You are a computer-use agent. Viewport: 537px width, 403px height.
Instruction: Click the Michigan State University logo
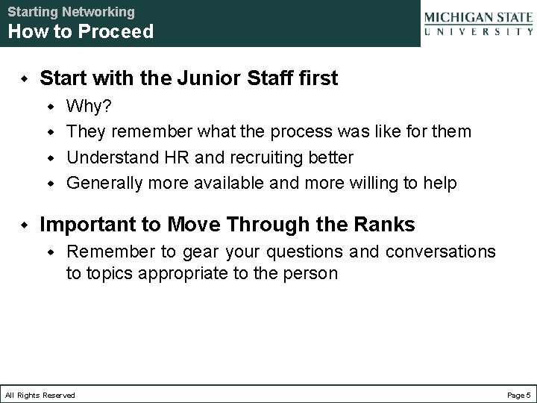(x=478, y=23)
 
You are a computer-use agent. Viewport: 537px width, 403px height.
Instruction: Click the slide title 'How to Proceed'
(x=81, y=31)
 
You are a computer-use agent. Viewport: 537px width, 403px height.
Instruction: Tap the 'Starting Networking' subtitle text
(x=72, y=12)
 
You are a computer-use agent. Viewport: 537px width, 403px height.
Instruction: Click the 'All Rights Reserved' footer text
(x=40, y=395)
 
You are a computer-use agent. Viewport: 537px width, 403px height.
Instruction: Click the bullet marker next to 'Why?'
(x=52, y=107)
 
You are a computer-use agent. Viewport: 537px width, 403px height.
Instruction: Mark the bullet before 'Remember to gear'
(x=52, y=252)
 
